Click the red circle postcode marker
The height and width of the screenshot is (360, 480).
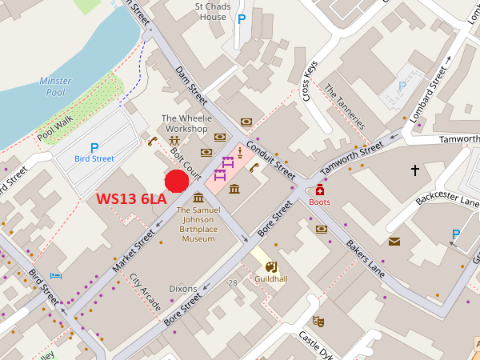(x=176, y=182)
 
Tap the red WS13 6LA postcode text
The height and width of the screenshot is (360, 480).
(x=131, y=198)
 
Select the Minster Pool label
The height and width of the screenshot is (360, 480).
(x=55, y=86)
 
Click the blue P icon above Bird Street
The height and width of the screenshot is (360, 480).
(x=94, y=147)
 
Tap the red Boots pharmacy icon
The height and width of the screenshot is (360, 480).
(x=320, y=190)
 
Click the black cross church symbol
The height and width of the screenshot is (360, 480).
(x=414, y=170)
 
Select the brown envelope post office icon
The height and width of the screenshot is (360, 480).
(x=394, y=241)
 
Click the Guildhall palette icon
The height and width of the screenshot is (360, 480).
(x=270, y=266)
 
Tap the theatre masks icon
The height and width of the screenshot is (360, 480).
(x=318, y=321)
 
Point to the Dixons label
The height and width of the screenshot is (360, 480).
(x=183, y=288)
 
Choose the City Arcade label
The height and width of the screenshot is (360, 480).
(x=145, y=293)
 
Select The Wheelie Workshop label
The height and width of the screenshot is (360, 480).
(x=186, y=123)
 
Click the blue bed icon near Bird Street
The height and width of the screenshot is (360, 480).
(x=56, y=275)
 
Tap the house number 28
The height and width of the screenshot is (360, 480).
(x=232, y=283)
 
